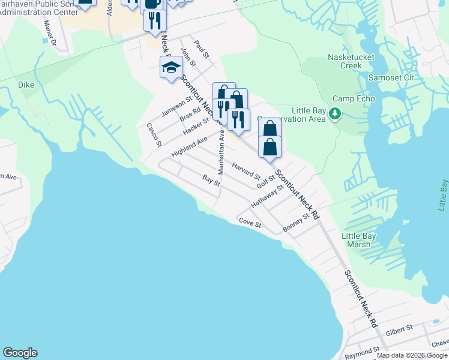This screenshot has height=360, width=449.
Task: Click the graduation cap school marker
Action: [171, 68]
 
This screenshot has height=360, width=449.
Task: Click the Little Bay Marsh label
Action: [359, 240]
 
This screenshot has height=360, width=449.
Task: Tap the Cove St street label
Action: [250, 224]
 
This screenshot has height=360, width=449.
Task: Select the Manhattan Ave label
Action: [221, 155]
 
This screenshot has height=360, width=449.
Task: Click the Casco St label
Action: [154, 135]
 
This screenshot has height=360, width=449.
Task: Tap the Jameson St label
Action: [176, 106]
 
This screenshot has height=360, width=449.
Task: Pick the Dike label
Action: [26, 85]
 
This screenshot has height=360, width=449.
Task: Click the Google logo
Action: [20, 353]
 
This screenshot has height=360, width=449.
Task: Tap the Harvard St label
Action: [246, 172]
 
